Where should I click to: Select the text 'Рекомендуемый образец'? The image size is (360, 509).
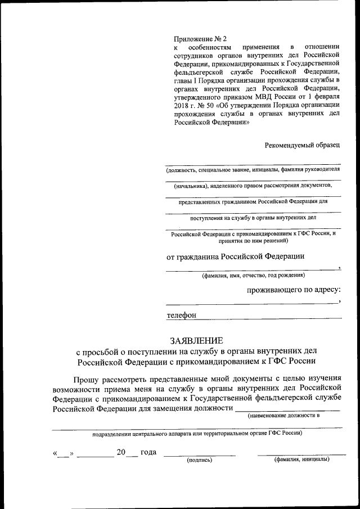[x=303, y=145]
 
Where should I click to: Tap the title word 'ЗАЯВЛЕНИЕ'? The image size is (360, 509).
[x=197, y=340]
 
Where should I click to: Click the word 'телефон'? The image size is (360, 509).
[x=181, y=316]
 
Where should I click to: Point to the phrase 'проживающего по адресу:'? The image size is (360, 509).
[x=294, y=290]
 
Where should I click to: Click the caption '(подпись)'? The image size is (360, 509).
[x=199, y=460]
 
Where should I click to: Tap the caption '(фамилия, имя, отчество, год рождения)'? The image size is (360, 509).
[x=254, y=276]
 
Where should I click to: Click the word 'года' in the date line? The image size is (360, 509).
[x=147, y=452]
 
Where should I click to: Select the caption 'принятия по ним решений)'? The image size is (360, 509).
[x=254, y=240]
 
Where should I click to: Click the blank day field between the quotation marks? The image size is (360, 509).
[x=64, y=453]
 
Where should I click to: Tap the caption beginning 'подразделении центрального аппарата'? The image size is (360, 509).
[x=197, y=433]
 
